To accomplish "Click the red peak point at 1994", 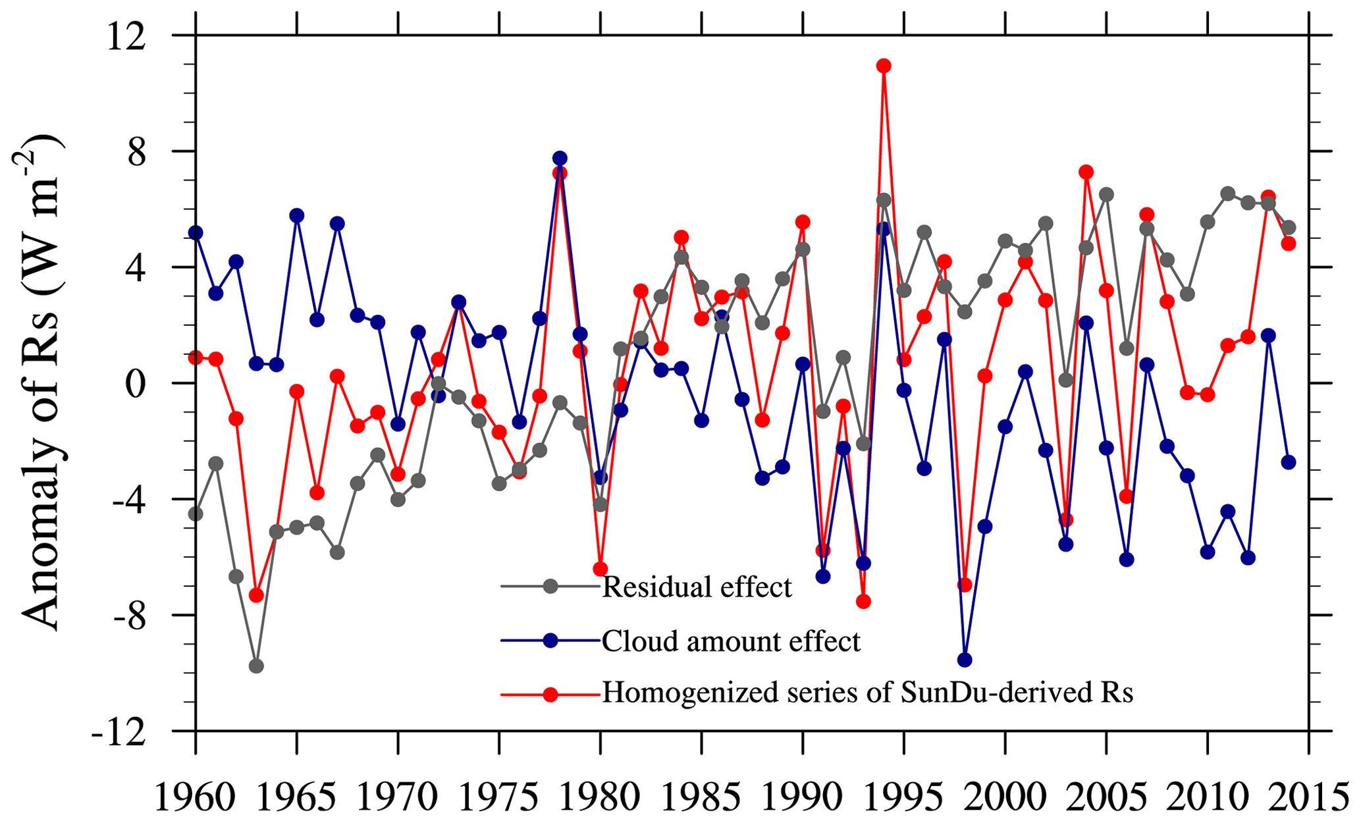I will [x=884, y=66].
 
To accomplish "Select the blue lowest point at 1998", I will [x=965, y=660].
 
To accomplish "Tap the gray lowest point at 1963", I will [x=256, y=666].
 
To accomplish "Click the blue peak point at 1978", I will [x=560, y=158].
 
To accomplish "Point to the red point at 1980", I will [x=600, y=569].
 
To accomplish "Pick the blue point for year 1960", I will [x=196, y=232].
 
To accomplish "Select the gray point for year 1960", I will [x=196, y=514].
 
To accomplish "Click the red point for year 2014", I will [x=1289, y=244].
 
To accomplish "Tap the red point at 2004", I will [x=1086, y=173].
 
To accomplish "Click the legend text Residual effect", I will [x=697, y=586].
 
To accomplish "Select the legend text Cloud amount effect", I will [x=731, y=641].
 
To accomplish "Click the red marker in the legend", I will [x=550, y=694].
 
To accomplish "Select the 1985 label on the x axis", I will [x=701, y=797].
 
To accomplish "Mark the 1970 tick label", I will [x=398, y=797].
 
